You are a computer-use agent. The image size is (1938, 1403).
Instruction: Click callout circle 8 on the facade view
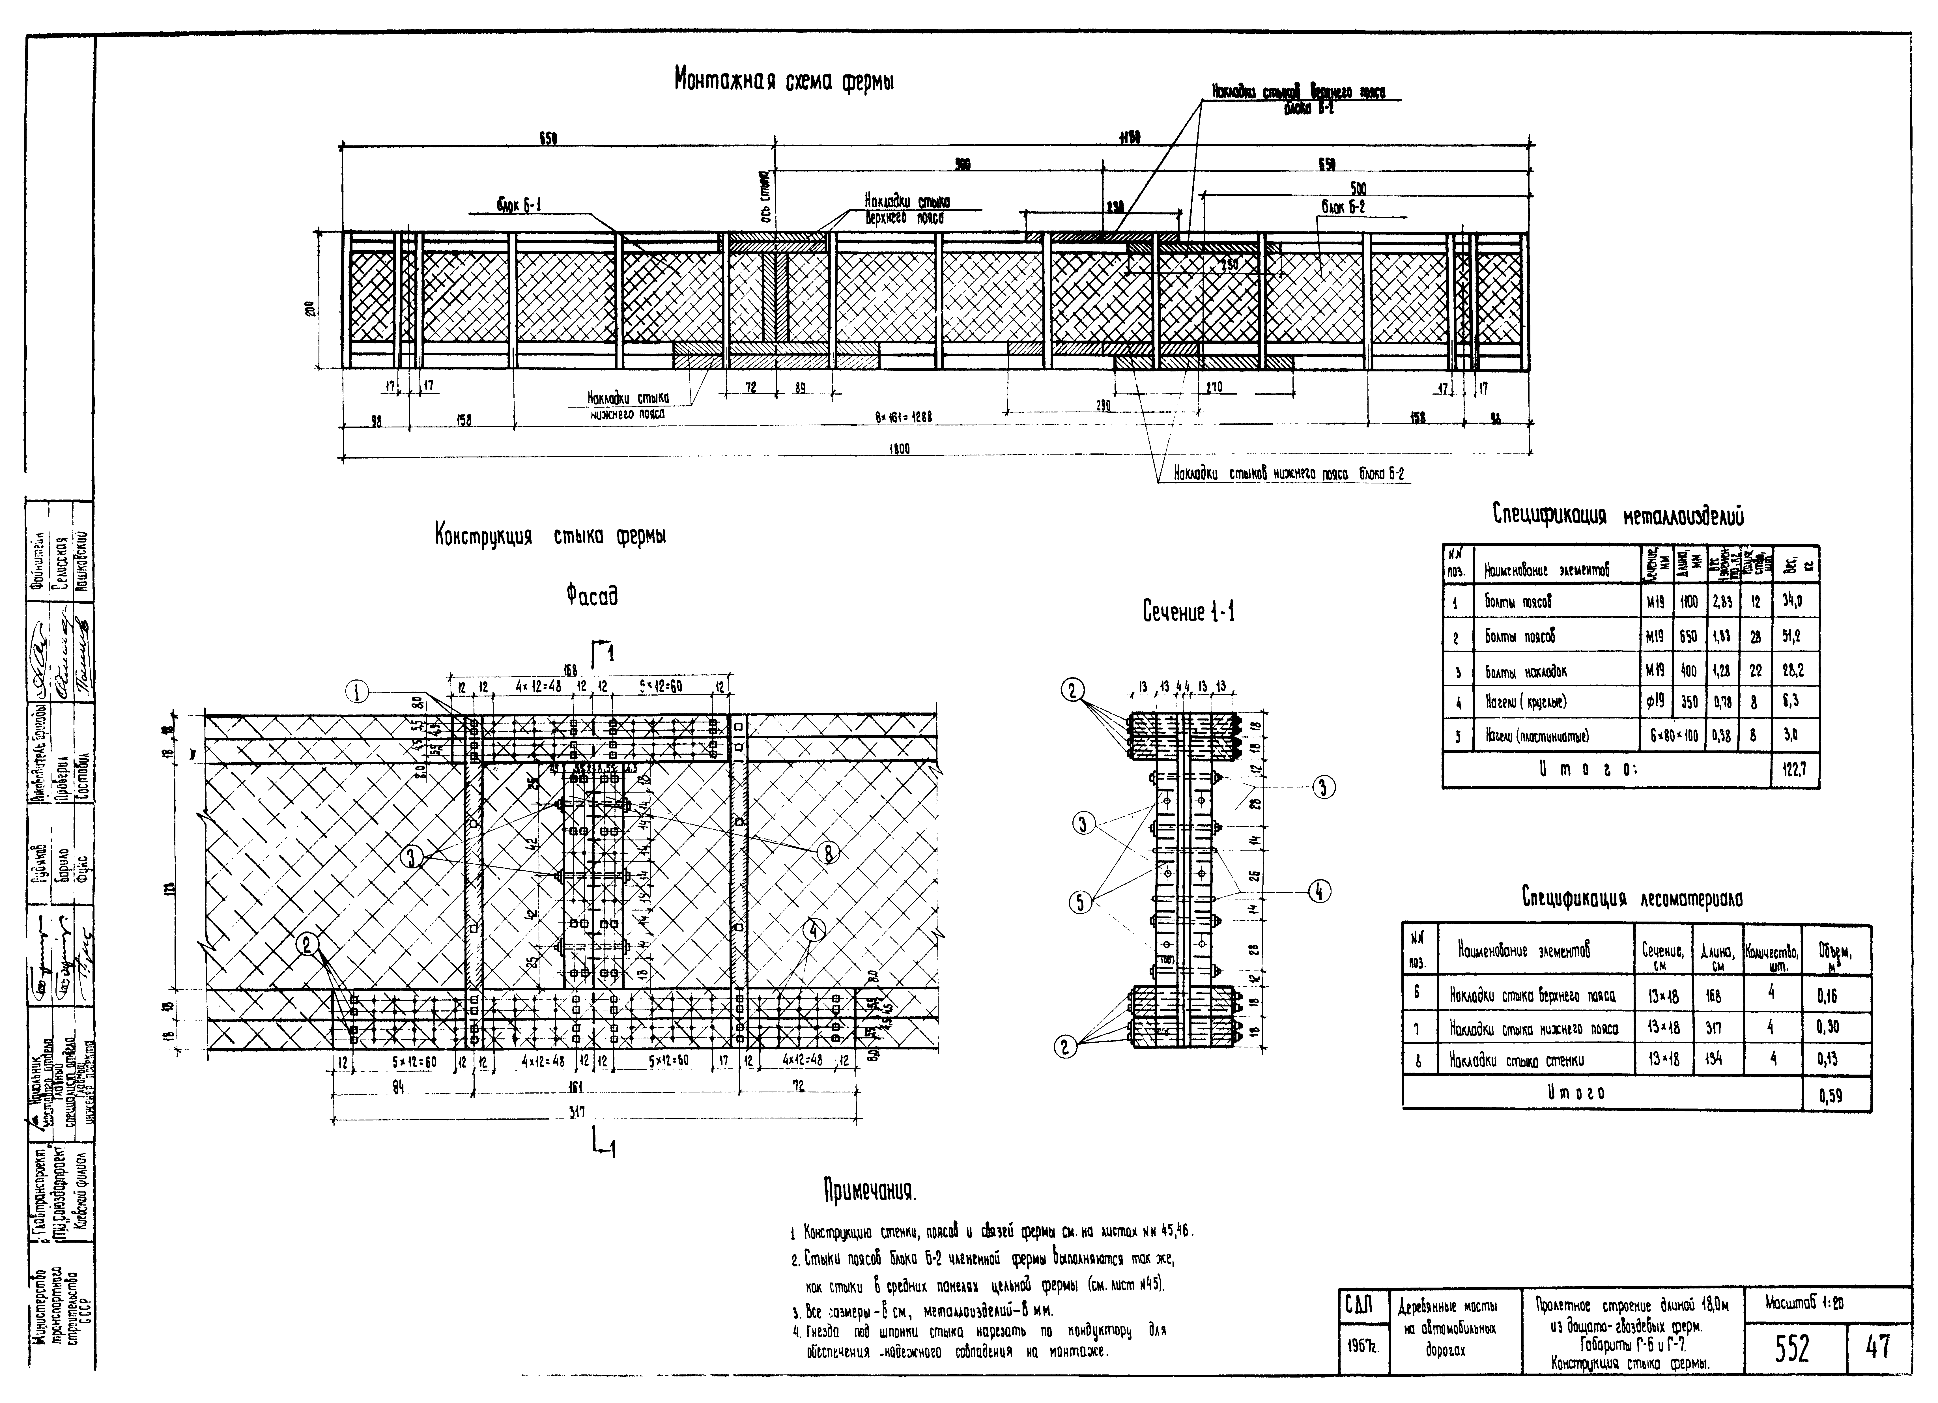point(827,853)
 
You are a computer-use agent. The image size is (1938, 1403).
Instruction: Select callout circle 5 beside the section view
point(1081,901)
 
